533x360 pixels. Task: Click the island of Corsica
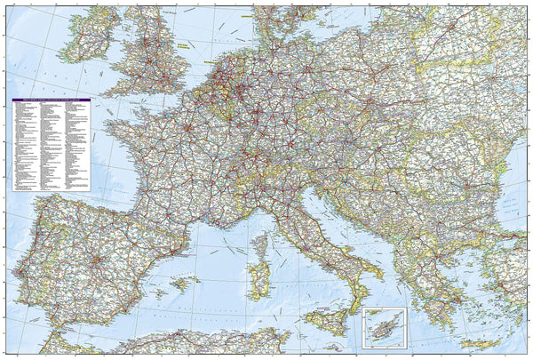coord(260,244)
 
